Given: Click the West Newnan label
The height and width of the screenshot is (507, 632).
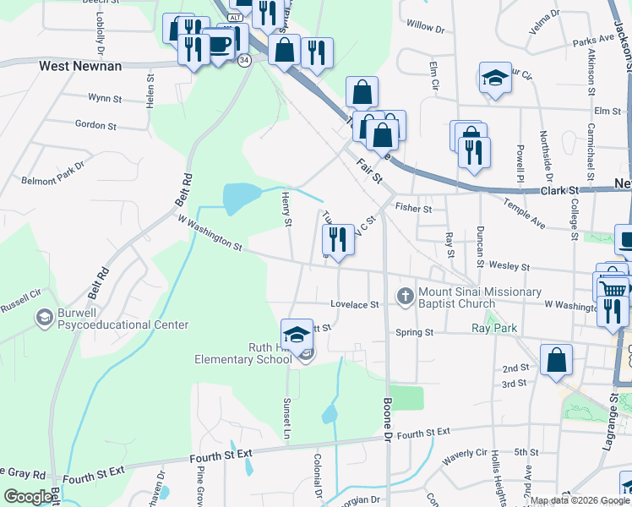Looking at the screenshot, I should (80, 65).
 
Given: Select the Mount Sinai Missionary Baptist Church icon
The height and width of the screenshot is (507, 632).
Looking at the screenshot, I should (406, 297).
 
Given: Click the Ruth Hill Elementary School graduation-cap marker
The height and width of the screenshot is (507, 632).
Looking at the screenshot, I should (297, 335).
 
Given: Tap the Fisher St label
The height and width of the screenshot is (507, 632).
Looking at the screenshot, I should (414, 208).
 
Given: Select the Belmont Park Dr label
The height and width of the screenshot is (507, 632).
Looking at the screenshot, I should (53, 180).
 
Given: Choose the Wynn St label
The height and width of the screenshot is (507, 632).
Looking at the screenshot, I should (105, 98).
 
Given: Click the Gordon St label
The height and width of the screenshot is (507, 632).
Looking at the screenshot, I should (95, 125).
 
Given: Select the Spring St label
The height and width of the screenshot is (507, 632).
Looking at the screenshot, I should (414, 332).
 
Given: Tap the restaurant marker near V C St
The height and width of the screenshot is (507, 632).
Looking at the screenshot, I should (338, 239).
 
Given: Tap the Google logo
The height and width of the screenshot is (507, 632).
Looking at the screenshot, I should (28, 497).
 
